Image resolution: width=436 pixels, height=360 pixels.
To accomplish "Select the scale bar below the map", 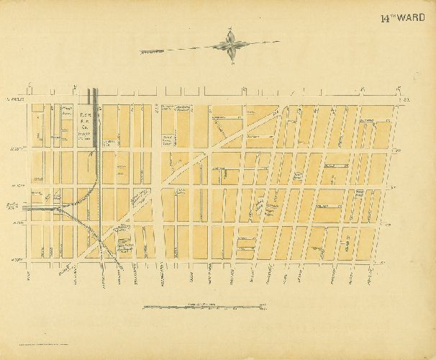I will tap(194, 307).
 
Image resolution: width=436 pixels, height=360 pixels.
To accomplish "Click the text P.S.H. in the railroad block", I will tap(84, 115).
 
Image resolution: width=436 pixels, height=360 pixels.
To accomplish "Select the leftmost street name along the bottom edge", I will tap(28, 275).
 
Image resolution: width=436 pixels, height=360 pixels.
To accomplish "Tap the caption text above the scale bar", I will tap(194, 303).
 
